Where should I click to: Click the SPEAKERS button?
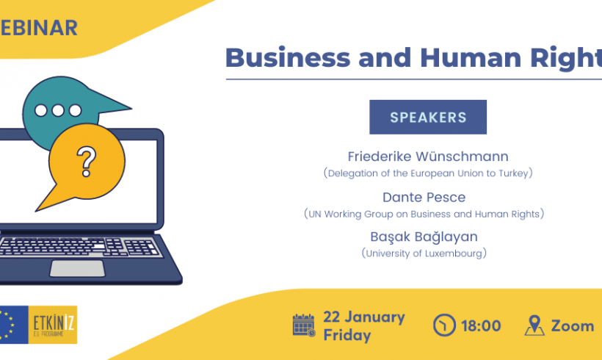point(428,117)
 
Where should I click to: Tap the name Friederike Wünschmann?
point(428,156)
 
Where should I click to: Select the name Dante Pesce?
point(424,197)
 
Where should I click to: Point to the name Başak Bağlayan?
point(424,237)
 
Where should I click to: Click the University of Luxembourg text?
point(424,253)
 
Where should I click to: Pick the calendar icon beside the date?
point(304,325)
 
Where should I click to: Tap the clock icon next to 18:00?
point(444,325)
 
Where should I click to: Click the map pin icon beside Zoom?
point(534,325)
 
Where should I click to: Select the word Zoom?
point(573,325)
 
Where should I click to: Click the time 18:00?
point(481,325)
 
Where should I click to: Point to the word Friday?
point(347,335)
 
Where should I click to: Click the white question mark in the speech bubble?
point(87,162)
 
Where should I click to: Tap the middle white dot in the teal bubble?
point(58,111)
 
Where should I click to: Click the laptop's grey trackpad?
point(77,268)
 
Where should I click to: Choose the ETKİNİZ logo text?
point(53,324)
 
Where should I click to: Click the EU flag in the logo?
point(14,325)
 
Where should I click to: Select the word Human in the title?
point(471,57)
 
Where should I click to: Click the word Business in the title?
point(288,57)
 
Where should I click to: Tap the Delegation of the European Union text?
point(428,173)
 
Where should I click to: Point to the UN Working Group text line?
point(424,214)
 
